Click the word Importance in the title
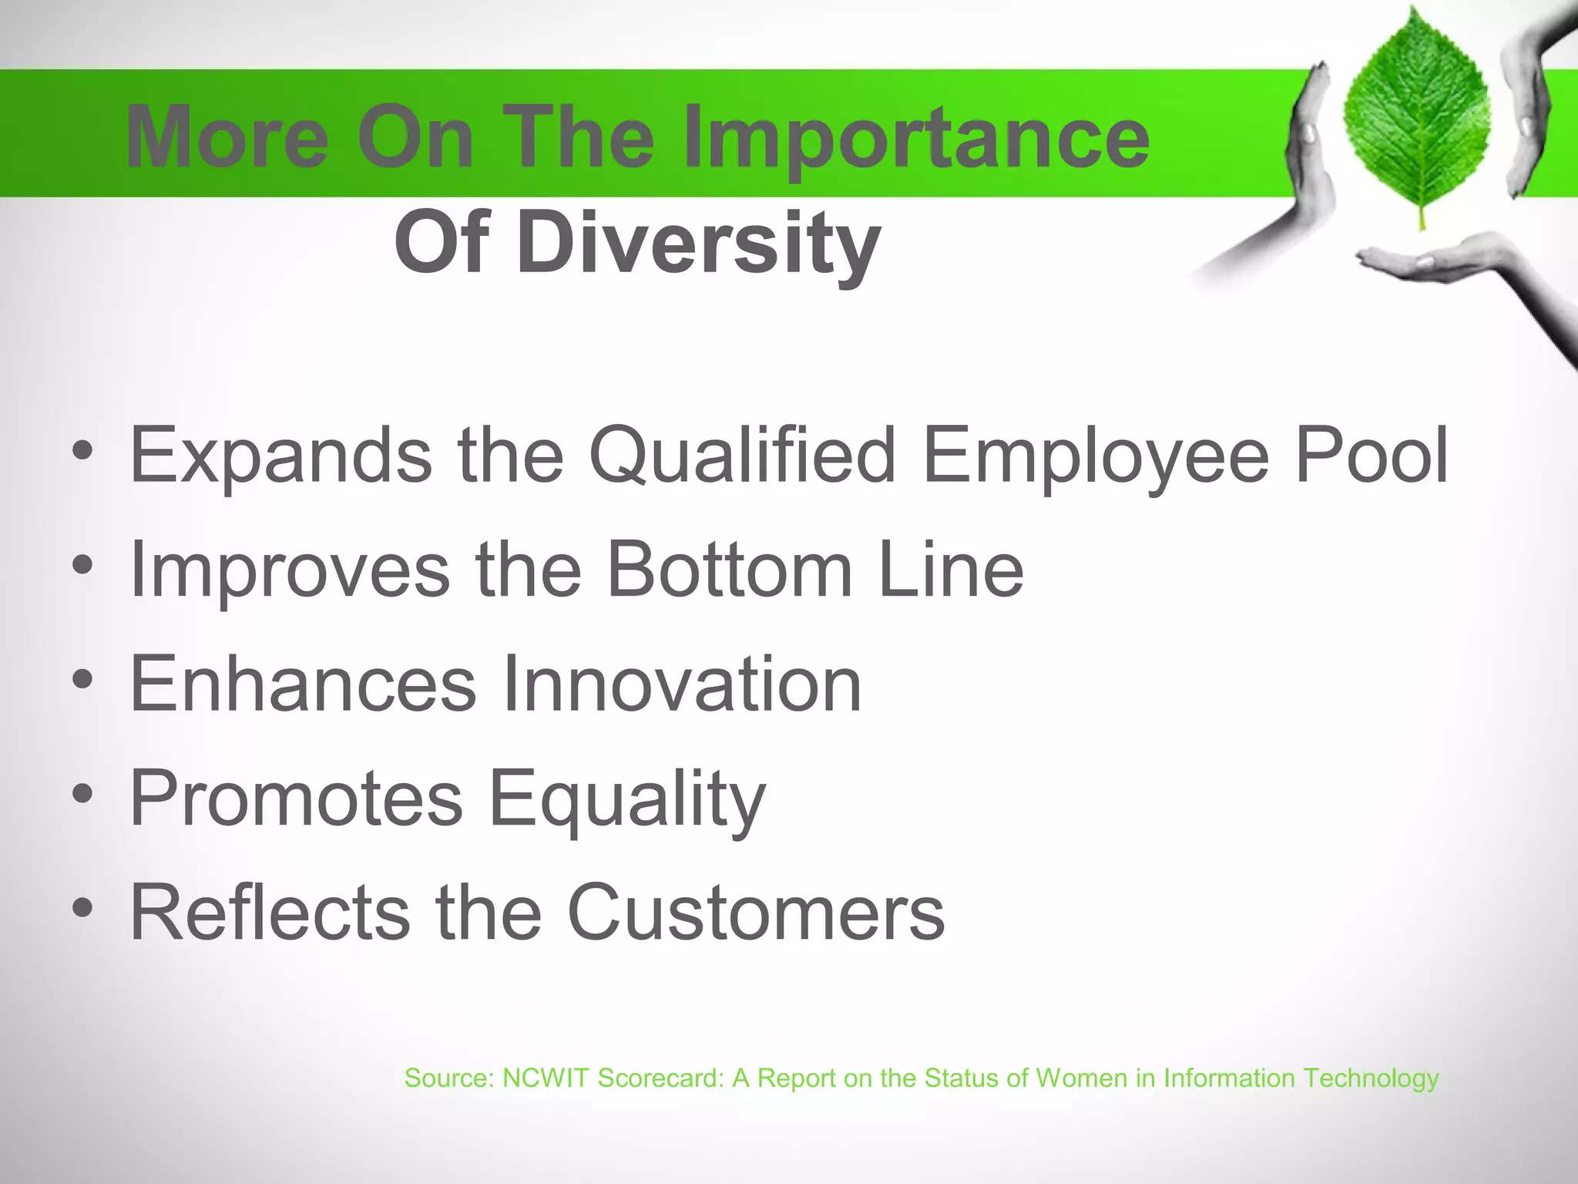917,139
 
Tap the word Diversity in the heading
698,243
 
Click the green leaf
1416,116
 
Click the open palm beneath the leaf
1425,262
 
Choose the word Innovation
681,684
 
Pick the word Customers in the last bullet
755,913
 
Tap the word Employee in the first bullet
1094,456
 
